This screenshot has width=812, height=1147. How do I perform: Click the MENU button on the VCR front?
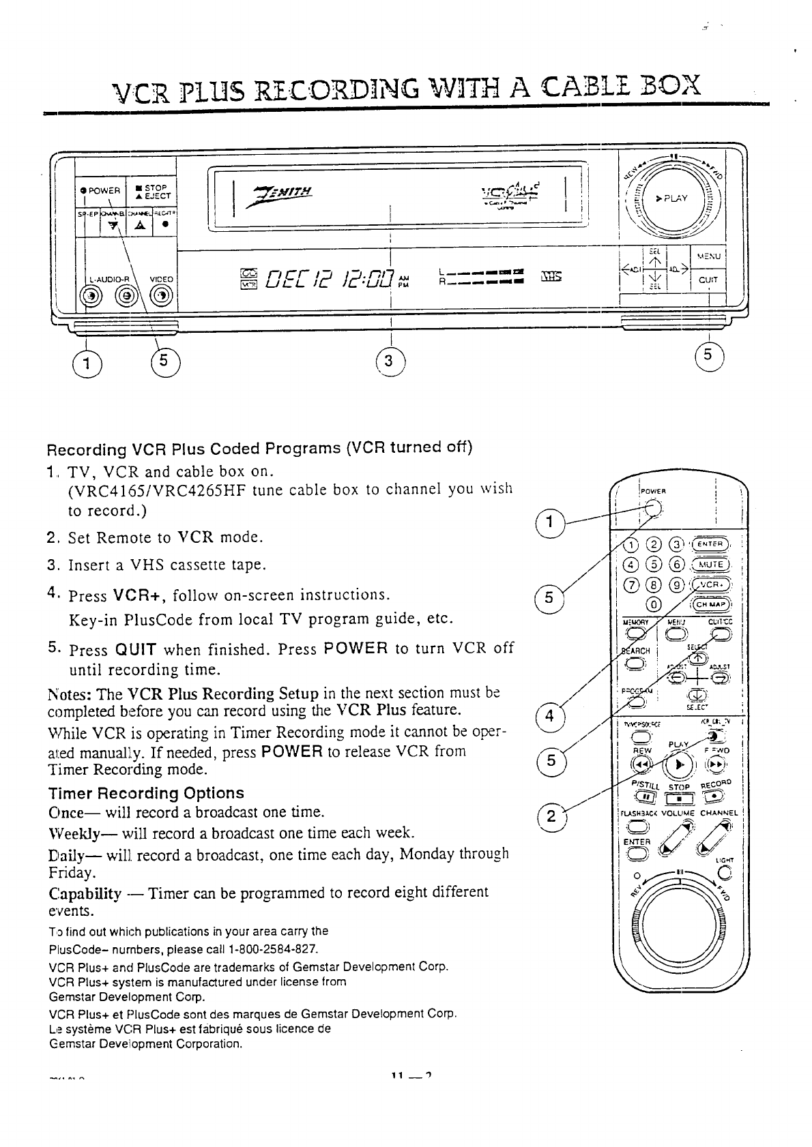[x=709, y=256]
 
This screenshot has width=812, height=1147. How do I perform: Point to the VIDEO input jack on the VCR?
[x=160, y=295]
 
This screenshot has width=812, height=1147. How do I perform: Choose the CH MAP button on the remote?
[x=713, y=604]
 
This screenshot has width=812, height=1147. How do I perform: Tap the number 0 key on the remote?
[x=654, y=604]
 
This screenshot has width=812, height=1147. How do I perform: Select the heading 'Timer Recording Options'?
[x=146, y=793]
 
